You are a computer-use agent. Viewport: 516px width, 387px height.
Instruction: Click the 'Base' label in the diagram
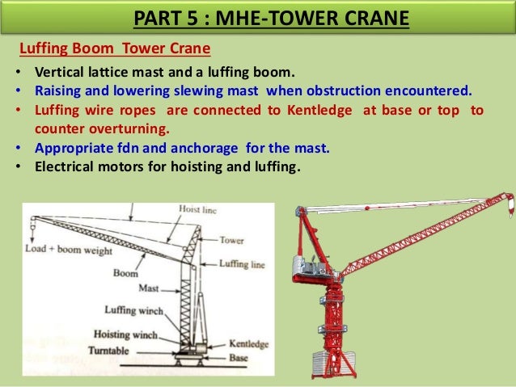click(239, 356)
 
